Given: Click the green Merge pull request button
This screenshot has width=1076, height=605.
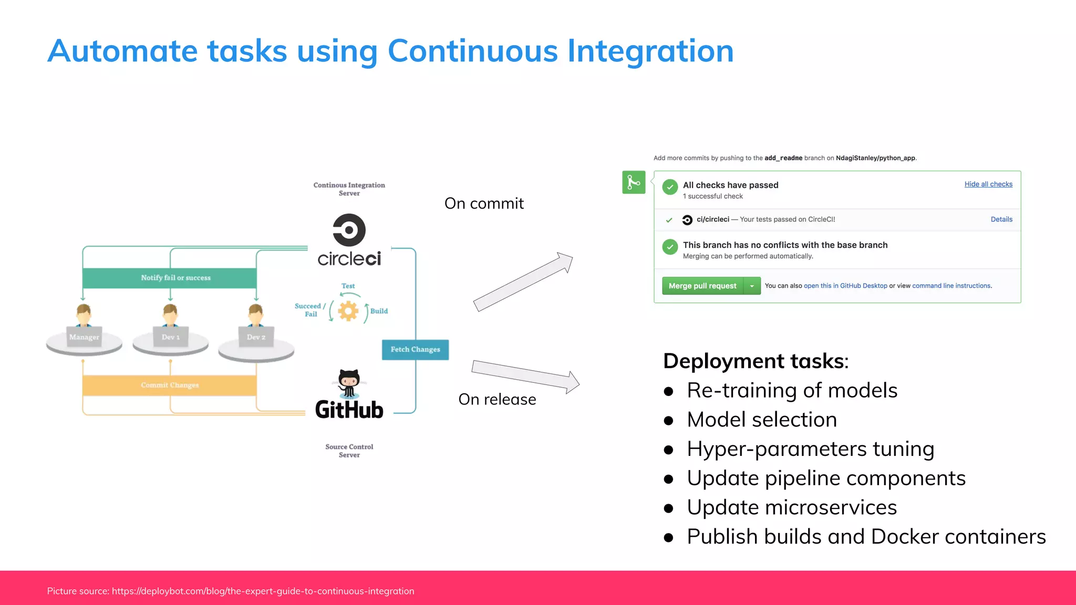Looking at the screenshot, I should tap(702, 286).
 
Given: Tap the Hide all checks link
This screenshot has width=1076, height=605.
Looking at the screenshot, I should tap(988, 184).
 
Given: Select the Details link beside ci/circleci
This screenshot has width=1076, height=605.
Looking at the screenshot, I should tap(1001, 220).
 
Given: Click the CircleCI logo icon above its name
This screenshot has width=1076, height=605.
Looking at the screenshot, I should tap(349, 230).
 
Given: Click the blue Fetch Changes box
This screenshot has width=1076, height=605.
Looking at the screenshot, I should tap(415, 350).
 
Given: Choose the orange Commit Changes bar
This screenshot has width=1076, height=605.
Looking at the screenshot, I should tap(170, 385).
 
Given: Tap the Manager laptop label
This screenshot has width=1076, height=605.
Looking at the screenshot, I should tap(84, 337).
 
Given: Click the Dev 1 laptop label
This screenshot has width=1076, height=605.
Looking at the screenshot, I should tap(171, 337).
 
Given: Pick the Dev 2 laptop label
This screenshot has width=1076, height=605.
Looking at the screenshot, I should tap(256, 337).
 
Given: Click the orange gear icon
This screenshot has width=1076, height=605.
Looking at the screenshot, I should tap(348, 311).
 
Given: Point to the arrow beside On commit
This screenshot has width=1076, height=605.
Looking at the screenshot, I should tap(523, 281).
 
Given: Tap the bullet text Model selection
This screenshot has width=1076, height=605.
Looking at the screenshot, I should tap(762, 420).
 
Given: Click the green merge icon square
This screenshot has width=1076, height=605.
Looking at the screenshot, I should tap(634, 182).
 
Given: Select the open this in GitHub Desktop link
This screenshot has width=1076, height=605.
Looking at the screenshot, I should tap(845, 286).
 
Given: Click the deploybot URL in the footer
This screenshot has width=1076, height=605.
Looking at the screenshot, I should tap(263, 591).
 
